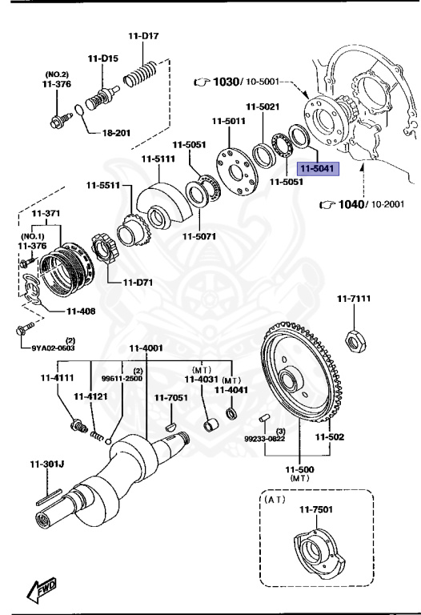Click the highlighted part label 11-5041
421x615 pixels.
[x=319, y=169]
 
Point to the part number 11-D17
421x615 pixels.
[x=144, y=35]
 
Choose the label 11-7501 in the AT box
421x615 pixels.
[x=315, y=510]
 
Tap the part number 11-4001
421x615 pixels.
[x=146, y=348]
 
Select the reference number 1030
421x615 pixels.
[x=226, y=82]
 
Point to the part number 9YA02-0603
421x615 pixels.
[x=54, y=348]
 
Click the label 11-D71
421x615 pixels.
[x=138, y=282]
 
